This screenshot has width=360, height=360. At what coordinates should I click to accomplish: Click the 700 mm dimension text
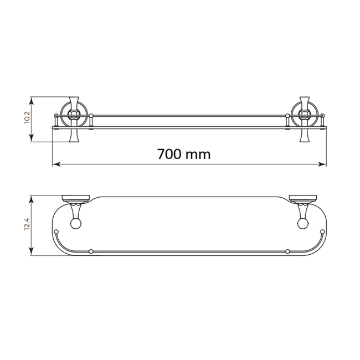pos(184,154)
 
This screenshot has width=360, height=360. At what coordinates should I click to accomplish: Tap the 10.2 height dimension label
pos(27,117)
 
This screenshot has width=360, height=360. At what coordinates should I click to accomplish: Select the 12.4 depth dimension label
pos(27,224)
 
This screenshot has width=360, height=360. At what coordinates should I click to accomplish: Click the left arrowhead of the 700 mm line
pos(56,164)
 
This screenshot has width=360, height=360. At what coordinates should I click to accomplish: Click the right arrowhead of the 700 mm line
pos(322,164)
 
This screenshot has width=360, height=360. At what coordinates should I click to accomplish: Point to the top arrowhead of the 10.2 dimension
pos(32,101)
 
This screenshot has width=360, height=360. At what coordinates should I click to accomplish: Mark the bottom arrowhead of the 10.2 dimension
pos(32,138)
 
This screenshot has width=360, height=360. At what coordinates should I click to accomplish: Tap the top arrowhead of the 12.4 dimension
pos(32,199)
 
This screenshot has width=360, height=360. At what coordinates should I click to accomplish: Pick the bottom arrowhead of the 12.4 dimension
pos(32,251)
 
